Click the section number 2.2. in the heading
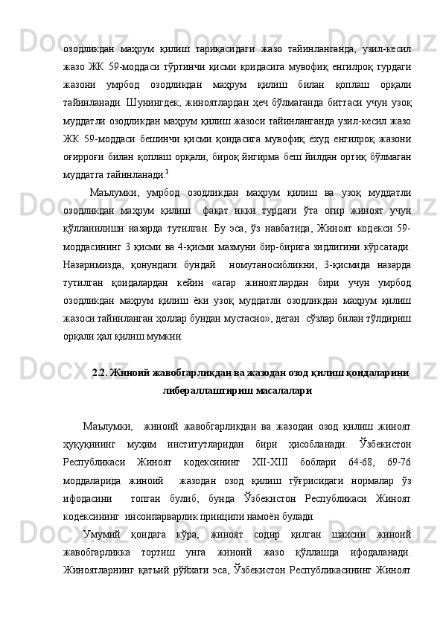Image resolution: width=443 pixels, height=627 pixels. point(101,373)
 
